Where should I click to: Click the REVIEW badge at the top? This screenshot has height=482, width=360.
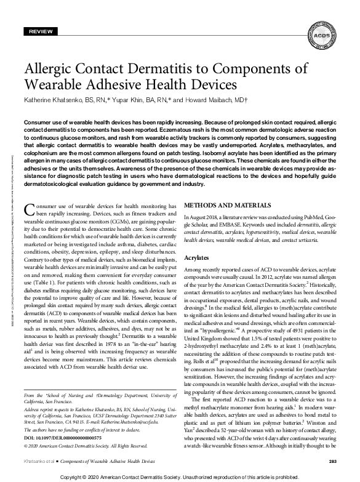click(41, 30)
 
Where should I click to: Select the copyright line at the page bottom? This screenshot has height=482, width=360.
click(180, 476)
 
